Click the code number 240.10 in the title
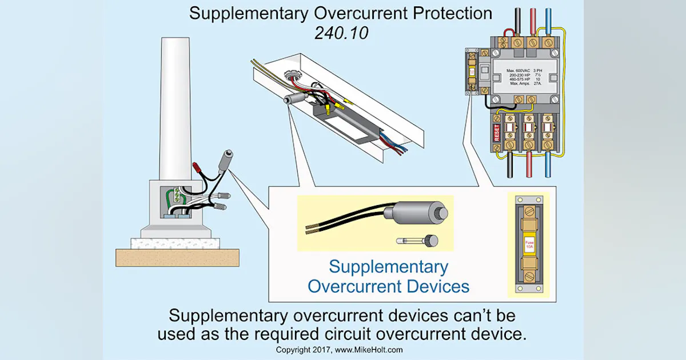click(x=341, y=33)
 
